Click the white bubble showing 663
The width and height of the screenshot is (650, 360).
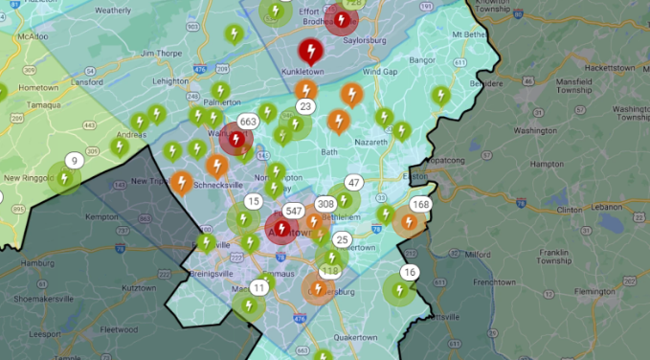[248, 122]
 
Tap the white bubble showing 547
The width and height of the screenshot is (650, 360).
[294, 211]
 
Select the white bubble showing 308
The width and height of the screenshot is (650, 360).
[325, 204]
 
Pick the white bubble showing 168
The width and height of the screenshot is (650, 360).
[420, 204]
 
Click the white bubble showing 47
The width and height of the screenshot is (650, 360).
[353, 183]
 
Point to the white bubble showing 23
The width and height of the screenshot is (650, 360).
[305, 106]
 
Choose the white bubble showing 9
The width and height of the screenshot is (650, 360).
[73, 161]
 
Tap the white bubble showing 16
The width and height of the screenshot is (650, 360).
[410, 273]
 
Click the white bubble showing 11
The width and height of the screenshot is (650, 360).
[259, 287]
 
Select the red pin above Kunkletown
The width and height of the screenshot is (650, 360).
[309, 50]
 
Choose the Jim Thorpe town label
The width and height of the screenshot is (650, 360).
[159, 54]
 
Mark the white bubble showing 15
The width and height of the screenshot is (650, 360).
[253, 201]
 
